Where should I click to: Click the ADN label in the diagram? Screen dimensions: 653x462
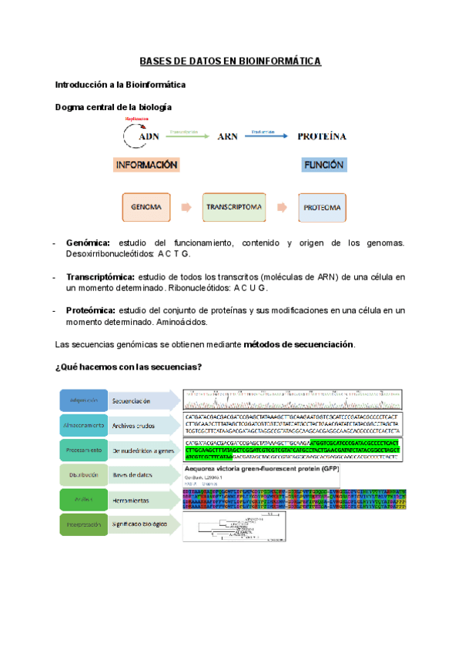click(149, 137)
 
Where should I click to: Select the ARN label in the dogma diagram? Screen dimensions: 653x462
click(227, 137)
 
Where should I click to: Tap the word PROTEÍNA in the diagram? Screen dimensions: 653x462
click(321, 137)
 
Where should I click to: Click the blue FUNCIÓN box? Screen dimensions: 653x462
click(323, 165)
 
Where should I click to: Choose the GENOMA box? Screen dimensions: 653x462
click(146, 207)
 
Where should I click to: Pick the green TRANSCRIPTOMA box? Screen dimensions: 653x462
click(234, 207)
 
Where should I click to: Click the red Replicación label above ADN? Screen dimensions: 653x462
click(136, 119)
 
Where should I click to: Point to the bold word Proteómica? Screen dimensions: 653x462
click(91, 310)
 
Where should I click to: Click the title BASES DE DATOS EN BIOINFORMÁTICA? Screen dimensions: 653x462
click(230, 62)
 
